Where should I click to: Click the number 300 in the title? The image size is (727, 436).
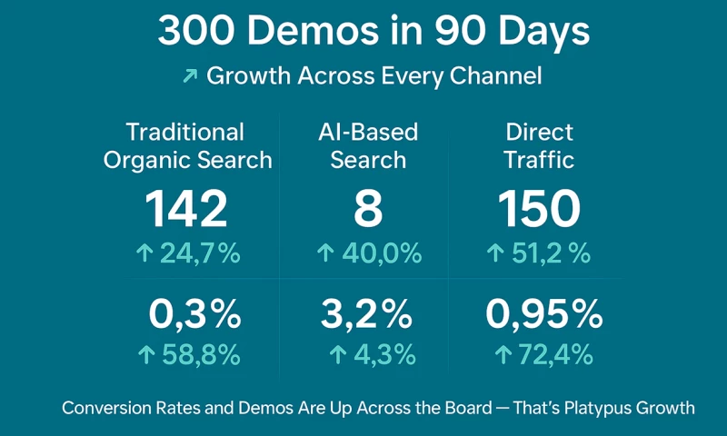194,33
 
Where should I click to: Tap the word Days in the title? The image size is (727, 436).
544,33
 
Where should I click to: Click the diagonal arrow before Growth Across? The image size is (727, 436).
190,76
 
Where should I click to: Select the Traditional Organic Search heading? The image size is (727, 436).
187,146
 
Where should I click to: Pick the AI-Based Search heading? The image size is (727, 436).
368,146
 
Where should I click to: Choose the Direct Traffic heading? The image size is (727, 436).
540,146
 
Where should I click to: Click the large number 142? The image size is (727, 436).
187,209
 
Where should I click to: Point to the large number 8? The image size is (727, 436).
368,209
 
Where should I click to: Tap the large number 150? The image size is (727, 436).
539,209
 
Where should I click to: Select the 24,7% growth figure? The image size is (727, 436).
199,253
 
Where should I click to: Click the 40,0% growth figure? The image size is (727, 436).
381,253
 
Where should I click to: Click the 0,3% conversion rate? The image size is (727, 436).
194,314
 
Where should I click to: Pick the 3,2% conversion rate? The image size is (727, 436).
366,314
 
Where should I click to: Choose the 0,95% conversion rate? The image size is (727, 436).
543,314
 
